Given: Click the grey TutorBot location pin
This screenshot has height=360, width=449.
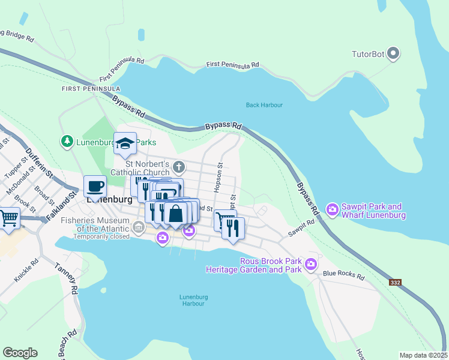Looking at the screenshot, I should point(393,54).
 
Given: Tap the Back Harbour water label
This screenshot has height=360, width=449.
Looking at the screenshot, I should point(264,105).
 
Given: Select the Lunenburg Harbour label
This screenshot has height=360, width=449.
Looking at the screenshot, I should point(193,300).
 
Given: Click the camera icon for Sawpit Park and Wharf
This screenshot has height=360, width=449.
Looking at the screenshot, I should point(332,209).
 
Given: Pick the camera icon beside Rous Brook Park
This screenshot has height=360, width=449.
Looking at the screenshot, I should point(310,263).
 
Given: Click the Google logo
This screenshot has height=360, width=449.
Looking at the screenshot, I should point(20,353).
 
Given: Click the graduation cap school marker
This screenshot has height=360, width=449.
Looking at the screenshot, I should point(125,144).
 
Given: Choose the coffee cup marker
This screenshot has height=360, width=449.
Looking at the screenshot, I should point(95,186).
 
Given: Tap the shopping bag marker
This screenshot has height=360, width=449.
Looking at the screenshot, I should point(175,214).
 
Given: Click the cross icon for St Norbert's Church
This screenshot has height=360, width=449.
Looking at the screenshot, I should point(178,166).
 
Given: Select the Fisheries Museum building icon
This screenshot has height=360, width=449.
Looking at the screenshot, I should point(139,227).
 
